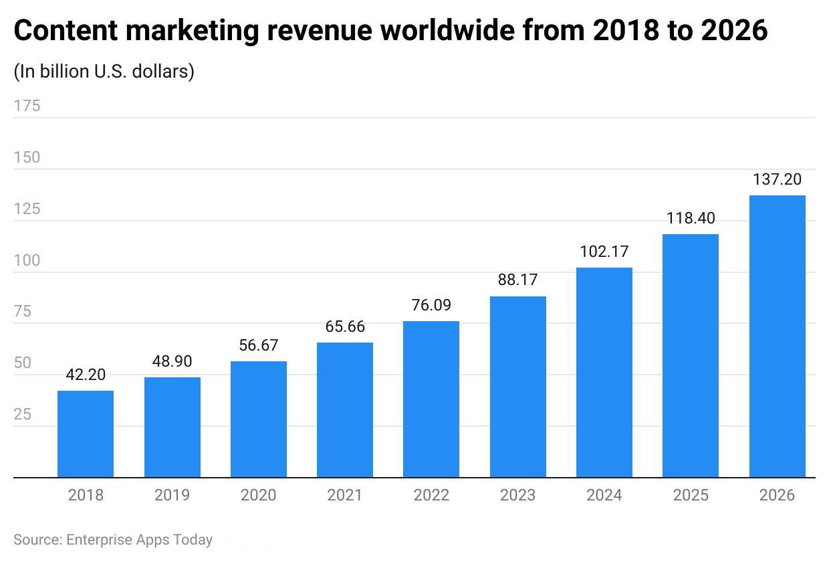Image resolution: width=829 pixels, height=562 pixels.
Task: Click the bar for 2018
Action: click(86, 434)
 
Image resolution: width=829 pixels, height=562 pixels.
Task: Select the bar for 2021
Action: click(345, 409)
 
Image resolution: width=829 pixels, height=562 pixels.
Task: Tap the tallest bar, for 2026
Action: click(777, 337)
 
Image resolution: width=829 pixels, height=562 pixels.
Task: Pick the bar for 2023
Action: click(517, 387)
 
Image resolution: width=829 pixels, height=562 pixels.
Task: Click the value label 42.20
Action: click(86, 375)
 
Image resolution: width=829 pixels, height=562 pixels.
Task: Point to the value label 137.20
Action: click(777, 179)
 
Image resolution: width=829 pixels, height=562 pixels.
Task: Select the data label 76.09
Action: click(431, 305)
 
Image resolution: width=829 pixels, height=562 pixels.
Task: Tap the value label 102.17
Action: click(604, 252)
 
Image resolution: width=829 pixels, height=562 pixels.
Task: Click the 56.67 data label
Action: click(258, 345)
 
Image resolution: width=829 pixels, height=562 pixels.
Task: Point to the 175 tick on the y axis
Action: click(27, 106)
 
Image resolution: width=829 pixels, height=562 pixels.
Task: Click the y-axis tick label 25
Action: click(22, 414)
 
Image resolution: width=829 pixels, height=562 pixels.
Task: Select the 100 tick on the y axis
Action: click(27, 260)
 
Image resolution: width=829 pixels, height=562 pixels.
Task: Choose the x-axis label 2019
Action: click(172, 495)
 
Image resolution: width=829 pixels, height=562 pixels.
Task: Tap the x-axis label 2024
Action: click(604, 495)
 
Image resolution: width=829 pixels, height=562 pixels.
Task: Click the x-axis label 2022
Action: click(431, 495)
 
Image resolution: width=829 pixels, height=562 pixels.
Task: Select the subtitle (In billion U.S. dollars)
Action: click(104, 71)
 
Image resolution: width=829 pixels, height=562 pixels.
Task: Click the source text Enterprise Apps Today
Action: click(139, 540)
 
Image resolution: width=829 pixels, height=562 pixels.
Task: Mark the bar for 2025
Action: click(691, 356)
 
